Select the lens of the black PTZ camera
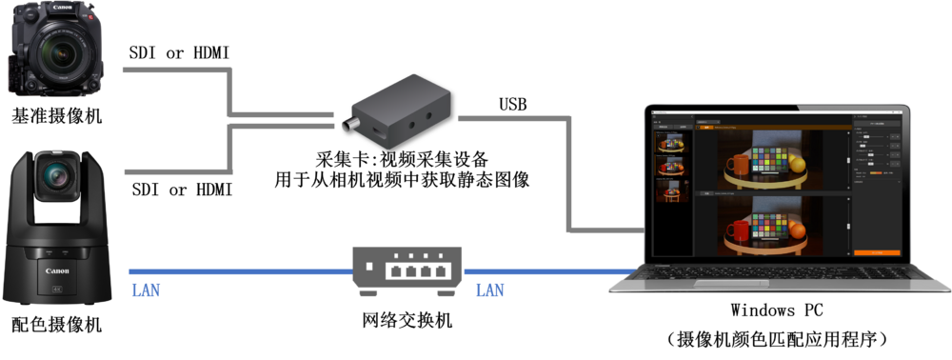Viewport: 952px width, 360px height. pyautogui.click(x=55, y=176)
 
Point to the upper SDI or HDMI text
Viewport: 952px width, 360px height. pyautogui.click(x=179, y=53)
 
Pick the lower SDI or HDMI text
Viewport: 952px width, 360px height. pyautogui.click(x=179, y=190)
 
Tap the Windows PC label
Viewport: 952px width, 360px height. pyautogui.click(x=777, y=310)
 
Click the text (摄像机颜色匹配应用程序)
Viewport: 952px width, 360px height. pyautogui.click(x=777, y=338)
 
